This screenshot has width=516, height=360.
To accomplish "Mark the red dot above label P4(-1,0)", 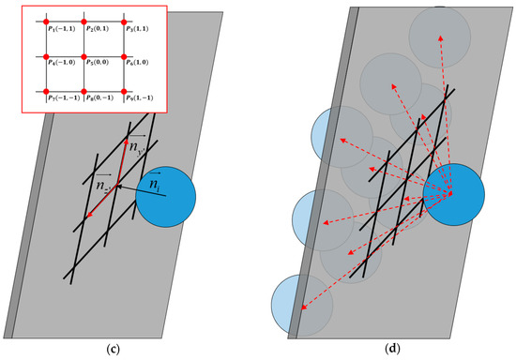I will [38, 55].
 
